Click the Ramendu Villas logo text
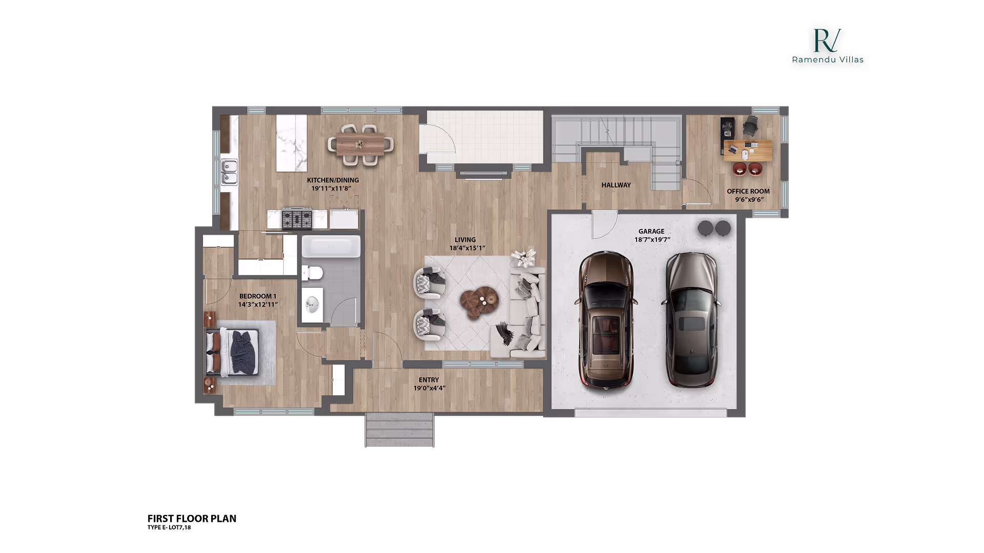pos(827,59)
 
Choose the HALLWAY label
pos(616,185)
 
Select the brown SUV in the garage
pos(607,320)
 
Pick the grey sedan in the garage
pos(691,320)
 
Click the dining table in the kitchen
pos(361,144)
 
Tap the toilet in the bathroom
pos(312,273)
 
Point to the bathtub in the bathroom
pos(331,246)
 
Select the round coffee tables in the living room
pos(479,302)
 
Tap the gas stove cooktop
pos(297,219)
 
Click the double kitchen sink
pos(229,172)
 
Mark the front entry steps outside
pos(399,430)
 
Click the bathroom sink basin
pos(312,305)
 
